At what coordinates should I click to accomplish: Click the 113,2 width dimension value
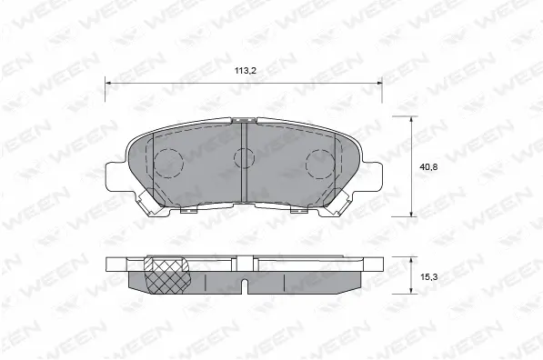pos(246,71)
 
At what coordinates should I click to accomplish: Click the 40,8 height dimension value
pos(428,167)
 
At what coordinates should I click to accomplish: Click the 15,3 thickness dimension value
pos(428,277)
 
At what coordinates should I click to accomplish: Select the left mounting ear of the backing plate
pos(116,176)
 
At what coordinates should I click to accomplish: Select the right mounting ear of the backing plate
pos(372,176)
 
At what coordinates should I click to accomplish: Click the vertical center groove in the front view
pos(244,163)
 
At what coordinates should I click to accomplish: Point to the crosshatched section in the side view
pos(167,275)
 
